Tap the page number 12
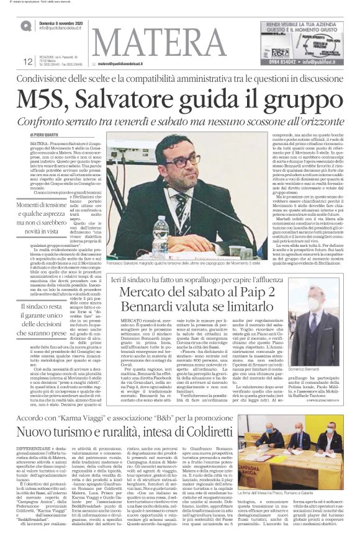pyautogui.click(x=27, y=61)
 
